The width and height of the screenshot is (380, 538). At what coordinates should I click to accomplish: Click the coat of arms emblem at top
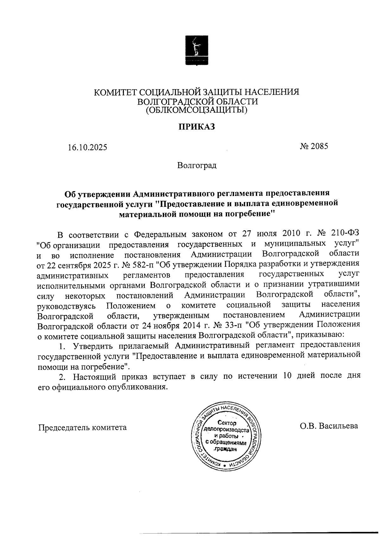coord(196,50)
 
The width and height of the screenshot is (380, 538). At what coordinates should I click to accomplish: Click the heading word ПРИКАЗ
coord(196,127)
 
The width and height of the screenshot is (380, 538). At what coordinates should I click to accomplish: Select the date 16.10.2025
coord(87,148)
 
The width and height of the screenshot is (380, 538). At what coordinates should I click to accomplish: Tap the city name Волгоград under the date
coord(197,166)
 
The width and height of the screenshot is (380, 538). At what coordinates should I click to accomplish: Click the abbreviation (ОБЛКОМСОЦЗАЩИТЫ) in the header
coord(196,110)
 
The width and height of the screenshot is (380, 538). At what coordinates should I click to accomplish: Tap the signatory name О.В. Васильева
coord(329,426)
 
